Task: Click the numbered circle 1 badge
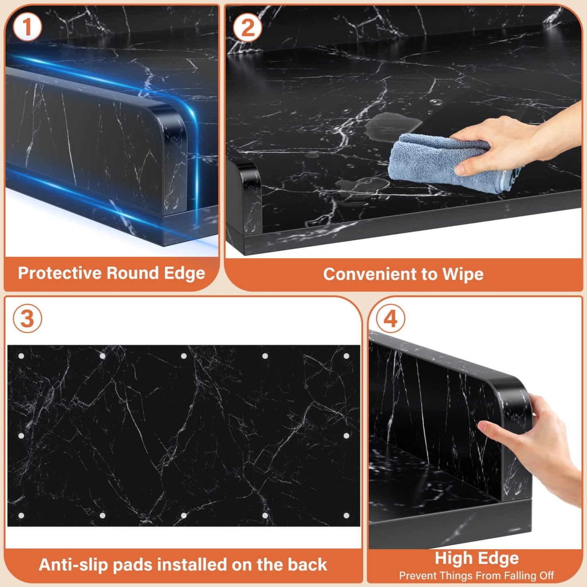[27, 27]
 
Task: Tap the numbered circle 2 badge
[248, 27]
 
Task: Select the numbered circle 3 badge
[27, 318]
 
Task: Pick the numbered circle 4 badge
[390, 318]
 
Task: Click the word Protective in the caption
[60, 273]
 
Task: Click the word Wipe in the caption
[463, 275]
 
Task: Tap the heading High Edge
[477, 559]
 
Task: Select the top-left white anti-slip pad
[21, 356]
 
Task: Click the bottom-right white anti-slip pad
[347, 516]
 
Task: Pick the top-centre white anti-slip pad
[184, 356]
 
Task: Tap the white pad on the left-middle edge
[21, 436]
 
